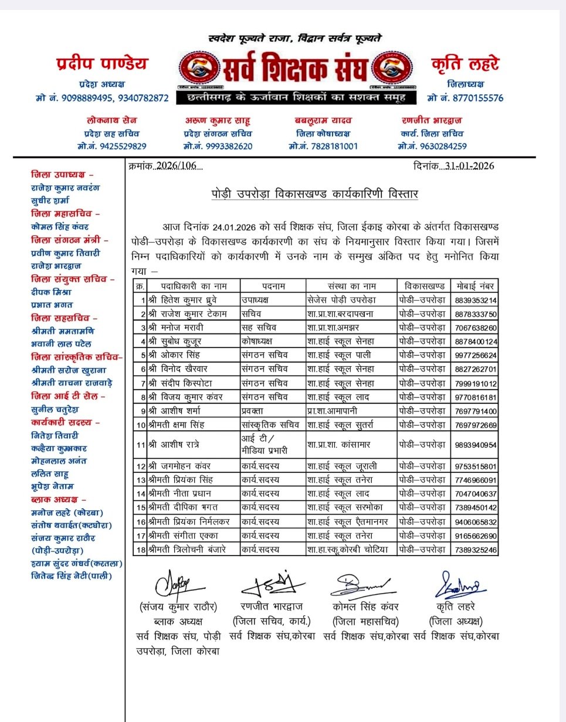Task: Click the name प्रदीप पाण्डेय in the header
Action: tap(101, 63)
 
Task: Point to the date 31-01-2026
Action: tap(469, 166)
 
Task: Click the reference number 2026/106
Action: tap(176, 166)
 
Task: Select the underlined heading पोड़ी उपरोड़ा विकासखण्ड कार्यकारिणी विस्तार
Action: tap(315, 193)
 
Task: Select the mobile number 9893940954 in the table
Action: tap(476, 445)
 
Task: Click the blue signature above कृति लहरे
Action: tap(459, 585)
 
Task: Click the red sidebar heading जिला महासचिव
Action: tap(65, 214)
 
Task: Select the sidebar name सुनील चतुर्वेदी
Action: tap(55, 410)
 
